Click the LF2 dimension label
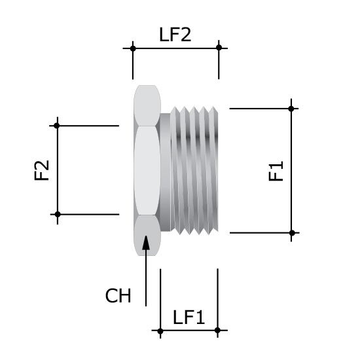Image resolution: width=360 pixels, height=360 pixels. pyautogui.click(x=175, y=35)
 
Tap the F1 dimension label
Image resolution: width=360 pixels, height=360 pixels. pyautogui.click(x=276, y=172)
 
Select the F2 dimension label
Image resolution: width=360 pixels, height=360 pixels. pyautogui.click(x=43, y=171)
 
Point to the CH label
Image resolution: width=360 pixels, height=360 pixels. pyautogui.click(x=118, y=296)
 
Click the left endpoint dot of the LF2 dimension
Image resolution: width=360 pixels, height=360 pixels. pyautogui.click(x=133, y=48)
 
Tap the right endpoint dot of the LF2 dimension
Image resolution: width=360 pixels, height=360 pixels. pyautogui.click(x=219, y=48)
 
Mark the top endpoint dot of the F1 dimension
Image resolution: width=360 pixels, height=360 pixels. pyautogui.click(x=292, y=107)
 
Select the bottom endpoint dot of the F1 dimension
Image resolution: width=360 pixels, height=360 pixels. pyautogui.click(x=292, y=232)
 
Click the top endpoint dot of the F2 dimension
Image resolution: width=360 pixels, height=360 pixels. pyautogui.click(x=58, y=125)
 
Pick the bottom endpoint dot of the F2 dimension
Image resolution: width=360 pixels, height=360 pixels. pyautogui.click(x=58, y=214)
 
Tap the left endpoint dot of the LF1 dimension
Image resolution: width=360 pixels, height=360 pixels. pyautogui.click(x=160, y=331)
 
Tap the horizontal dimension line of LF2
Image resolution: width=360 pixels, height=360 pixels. pyautogui.click(x=175, y=48)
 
